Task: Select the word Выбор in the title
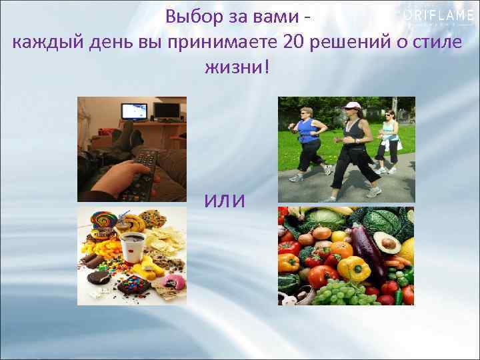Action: (189, 16)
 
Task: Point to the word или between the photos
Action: (225, 201)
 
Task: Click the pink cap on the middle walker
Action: (351, 105)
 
